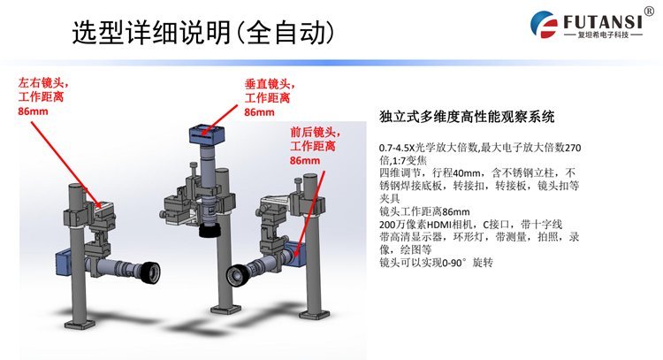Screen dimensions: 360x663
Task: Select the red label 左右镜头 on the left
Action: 43,83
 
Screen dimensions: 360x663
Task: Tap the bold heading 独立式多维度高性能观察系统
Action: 467,116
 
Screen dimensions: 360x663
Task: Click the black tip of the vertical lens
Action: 210,232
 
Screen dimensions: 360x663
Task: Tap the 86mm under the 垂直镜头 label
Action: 259,112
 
